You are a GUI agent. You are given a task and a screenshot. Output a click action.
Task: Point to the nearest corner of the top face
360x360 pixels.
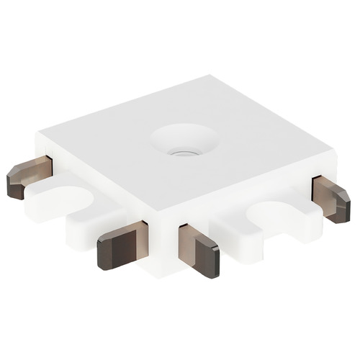(x=160, y=215)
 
